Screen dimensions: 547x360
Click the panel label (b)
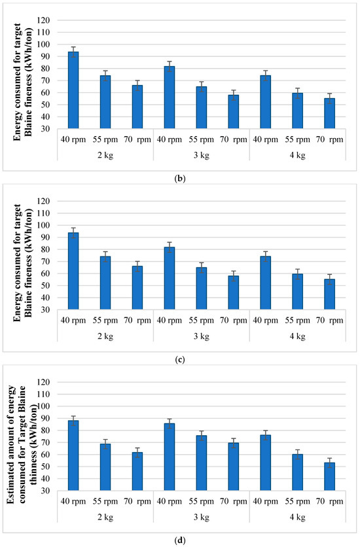tap(180, 174)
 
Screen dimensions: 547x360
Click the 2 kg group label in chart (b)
tap(105, 154)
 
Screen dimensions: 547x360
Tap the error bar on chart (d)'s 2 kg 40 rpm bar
tap(73, 421)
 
